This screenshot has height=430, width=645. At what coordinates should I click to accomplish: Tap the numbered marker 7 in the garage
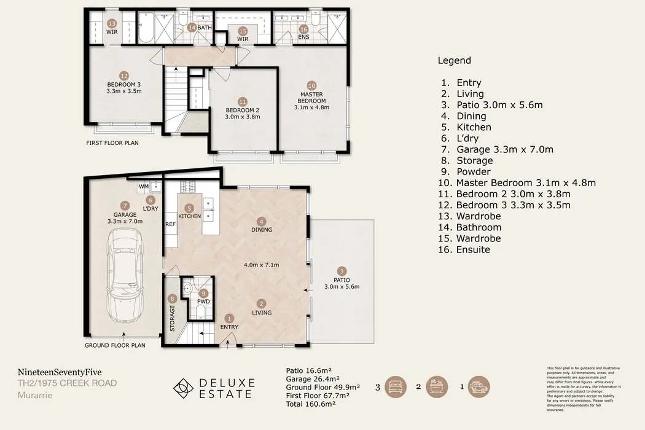125,205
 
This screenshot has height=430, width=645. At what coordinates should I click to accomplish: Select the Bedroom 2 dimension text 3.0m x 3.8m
243,117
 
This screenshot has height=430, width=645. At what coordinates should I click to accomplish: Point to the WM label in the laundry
143,186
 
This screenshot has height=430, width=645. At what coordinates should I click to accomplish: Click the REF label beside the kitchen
170,224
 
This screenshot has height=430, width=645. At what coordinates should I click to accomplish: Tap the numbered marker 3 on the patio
342,270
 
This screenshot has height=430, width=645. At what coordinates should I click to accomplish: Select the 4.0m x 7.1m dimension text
262,265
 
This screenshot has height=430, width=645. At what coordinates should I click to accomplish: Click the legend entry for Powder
474,172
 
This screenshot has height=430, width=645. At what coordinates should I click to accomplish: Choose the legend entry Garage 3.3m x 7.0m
504,149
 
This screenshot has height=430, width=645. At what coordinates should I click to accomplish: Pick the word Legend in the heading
454,60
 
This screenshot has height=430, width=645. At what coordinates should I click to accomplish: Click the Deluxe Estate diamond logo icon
182,388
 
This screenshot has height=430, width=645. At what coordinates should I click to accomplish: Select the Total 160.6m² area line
311,405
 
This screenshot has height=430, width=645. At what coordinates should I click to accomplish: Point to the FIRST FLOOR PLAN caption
112,143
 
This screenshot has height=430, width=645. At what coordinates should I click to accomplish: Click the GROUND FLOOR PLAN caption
115,345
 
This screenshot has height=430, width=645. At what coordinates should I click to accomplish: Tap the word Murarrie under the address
34,395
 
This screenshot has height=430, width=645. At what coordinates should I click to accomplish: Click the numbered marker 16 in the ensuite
303,29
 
